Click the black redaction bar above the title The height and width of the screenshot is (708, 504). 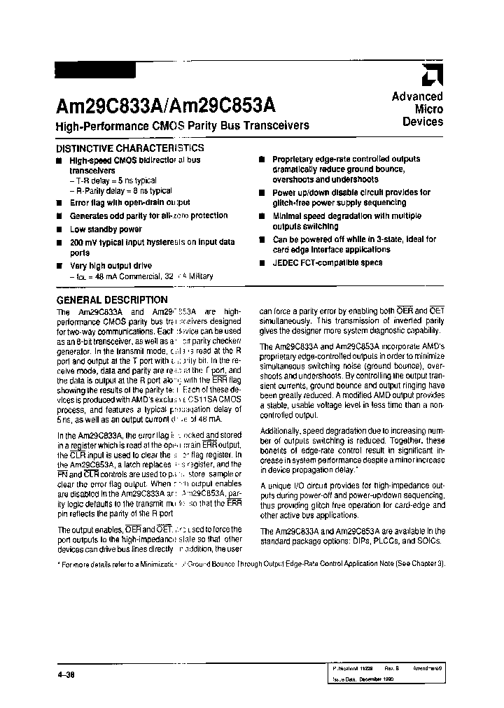click(94, 70)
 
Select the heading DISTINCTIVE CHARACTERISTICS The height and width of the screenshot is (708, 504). click(129, 148)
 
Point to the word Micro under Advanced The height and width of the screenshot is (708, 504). click(429, 109)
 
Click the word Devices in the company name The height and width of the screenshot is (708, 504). click(423, 122)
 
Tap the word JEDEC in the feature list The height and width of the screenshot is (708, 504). click(286, 263)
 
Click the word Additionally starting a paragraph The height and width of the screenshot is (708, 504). click(281, 431)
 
